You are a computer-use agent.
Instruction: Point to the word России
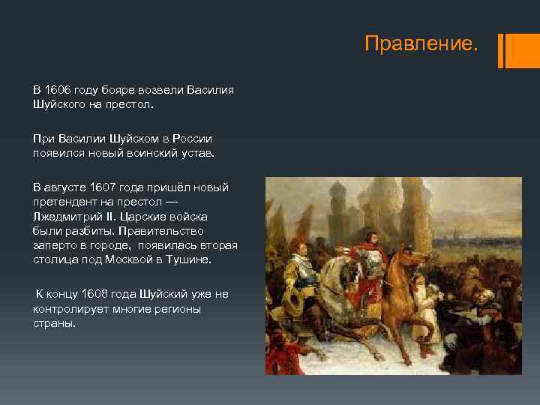tap(192, 138)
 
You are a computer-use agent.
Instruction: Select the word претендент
tap(63, 202)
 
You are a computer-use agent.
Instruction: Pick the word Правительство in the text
tap(169, 230)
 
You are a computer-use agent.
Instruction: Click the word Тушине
tap(190, 259)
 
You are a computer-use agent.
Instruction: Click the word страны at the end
tap(54, 323)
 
